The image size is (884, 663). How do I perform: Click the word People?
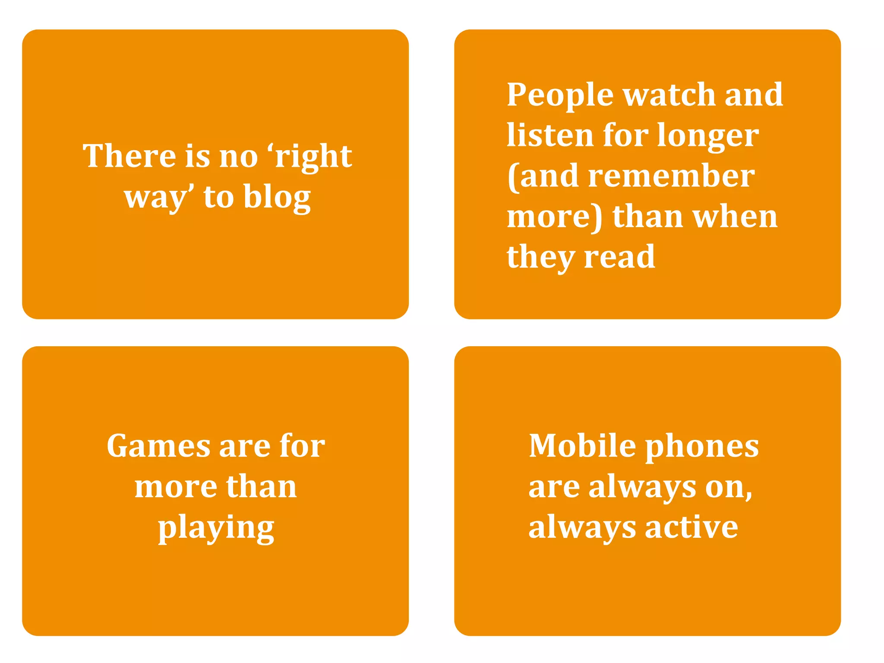[x=560, y=95]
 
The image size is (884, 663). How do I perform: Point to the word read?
[x=619, y=256]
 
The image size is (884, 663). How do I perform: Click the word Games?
[x=158, y=445]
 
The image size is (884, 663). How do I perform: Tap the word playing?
[x=216, y=528]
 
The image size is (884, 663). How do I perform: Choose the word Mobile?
[x=582, y=445]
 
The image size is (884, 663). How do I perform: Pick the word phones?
[x=702, y=446]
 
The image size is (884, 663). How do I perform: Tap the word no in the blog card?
[x=238, y=156]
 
